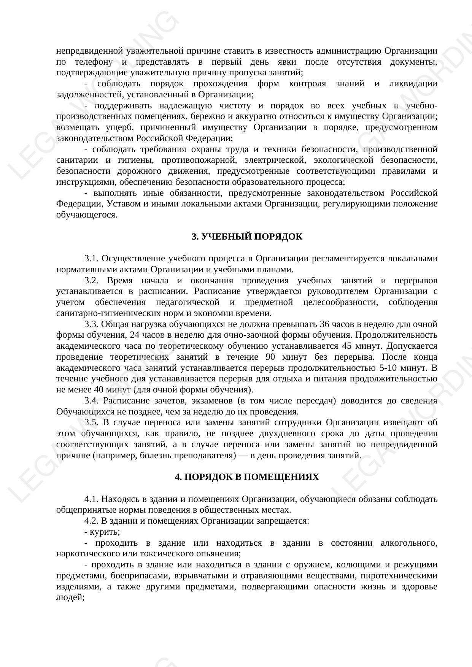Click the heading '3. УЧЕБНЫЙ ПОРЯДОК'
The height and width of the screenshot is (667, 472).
point(247,237)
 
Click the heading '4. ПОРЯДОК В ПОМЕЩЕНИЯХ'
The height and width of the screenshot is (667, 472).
point(247,477)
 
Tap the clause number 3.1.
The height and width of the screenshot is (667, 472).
point(91,259)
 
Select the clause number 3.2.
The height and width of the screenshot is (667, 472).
point(91,281)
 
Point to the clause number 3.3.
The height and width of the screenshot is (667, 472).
point(91,324)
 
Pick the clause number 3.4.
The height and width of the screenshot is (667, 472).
point(91,401)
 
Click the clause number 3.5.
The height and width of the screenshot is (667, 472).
point(91,422)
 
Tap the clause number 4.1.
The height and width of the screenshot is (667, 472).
point(91,499)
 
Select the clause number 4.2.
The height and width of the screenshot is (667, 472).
point(91,521)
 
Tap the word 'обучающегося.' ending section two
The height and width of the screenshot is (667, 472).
point(87,215)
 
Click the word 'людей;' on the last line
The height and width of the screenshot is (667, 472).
point(70,597)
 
